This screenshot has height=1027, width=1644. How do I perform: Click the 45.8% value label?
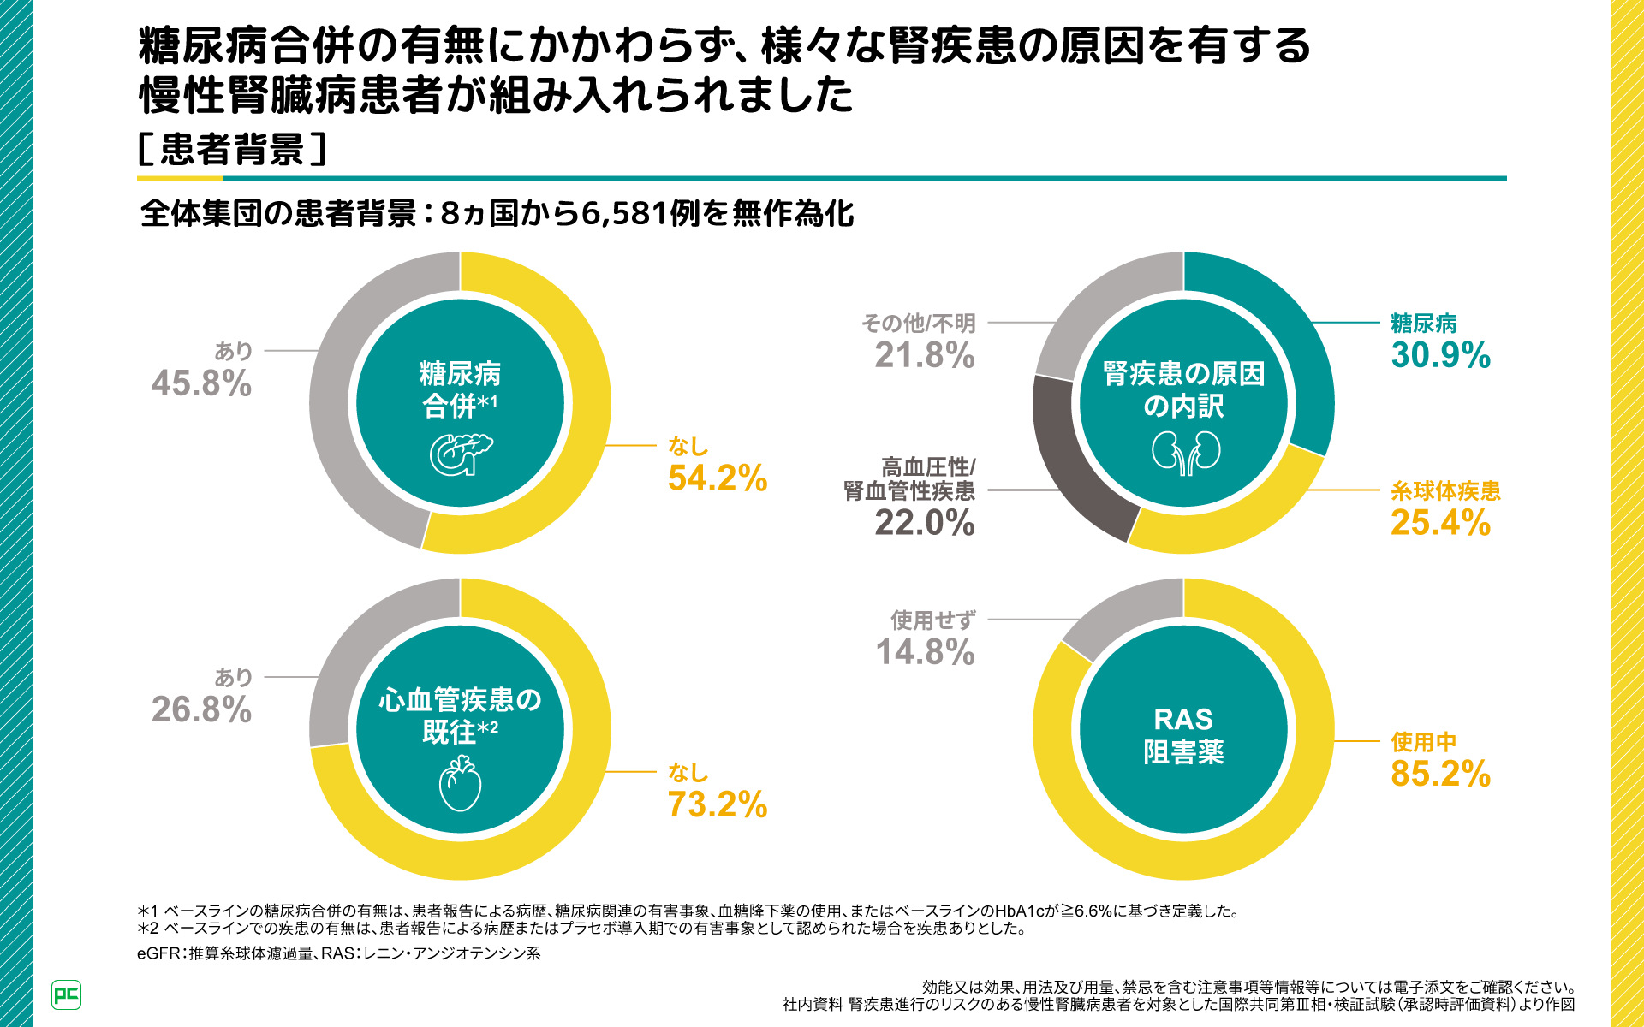[201, 383]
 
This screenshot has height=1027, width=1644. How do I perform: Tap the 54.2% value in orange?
[718, 478]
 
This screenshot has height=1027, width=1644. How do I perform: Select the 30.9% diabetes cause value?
[1440, 355]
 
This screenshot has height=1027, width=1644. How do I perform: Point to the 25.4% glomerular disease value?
[1440, 522]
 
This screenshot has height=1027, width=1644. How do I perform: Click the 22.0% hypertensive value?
[925, 522]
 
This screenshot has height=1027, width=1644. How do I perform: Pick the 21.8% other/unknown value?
[925, 355]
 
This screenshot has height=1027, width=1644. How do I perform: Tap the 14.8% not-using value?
[925, 652]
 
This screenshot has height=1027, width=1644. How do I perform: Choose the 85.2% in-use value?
[1440, 774]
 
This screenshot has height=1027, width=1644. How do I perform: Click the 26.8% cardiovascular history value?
[201, 709]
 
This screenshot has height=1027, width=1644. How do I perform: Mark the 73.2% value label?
[718, 804]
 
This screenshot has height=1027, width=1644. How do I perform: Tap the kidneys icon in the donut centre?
[1185, 452]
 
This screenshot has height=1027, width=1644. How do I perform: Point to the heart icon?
[461, 784]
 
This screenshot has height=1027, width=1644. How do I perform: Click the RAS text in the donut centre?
[1183, 720]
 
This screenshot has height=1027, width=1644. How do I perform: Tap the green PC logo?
[67, 994]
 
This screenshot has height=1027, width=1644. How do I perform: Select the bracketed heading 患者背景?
[232, 150]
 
